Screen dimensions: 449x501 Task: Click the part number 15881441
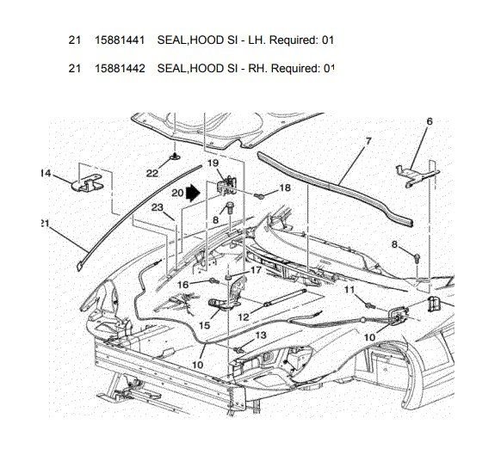click(x=120, y=40)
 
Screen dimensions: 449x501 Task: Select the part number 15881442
click(x=120, y=68)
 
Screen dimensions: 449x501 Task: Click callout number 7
click(x=368, y=140)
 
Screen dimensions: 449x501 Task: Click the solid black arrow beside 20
click(x=195, y=194)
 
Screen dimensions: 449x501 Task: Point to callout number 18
click(x=284, y=187)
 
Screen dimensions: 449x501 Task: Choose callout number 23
click(x=158, y=207)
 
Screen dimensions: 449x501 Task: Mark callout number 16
click(x=182, y=284)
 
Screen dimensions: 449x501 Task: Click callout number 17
click(x=256, y=270)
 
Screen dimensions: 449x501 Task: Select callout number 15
click(x=204, y=325)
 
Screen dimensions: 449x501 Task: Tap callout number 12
click(x=244, y=317)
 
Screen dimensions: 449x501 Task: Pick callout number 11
click(x=349, y=291)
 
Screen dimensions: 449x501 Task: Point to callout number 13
click(x=261, y=335)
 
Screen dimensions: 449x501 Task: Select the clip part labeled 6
click(x=412, y=171)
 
